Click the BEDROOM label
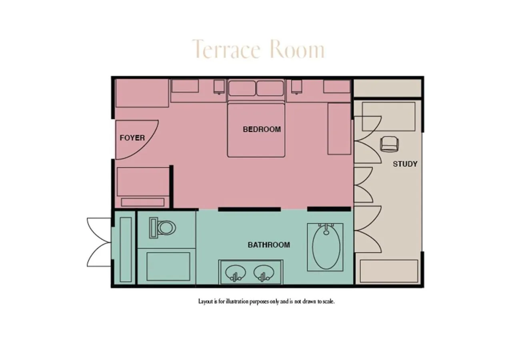tap(262, 129)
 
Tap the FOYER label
tap(132, 138)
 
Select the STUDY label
tap(405, 164)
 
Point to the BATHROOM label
tap(269, 245)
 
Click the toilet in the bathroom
tap(162, 228)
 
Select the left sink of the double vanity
tap(236, 273)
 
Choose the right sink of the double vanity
tap(264, 273)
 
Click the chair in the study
tap(390, 144)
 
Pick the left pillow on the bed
tap(242, 88)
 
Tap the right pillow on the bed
tap(270, 88)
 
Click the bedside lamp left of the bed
tap(219, 87)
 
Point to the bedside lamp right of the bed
tap(296, 87)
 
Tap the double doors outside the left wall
tap(99, 242)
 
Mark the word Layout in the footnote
tap(206, 302)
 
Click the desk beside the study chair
tap(388, 116)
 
